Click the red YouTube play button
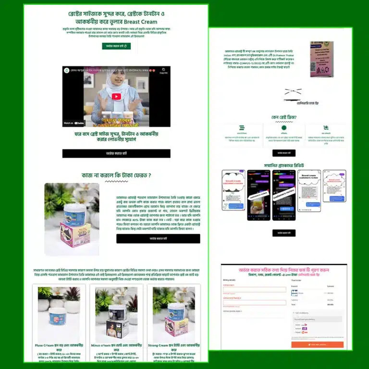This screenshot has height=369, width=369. pyautogui.click(x=116, y=96)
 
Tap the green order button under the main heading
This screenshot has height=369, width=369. pyautogui.click(x=116, y=46)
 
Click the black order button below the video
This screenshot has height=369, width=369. pyautogui.click(x=116, y=153)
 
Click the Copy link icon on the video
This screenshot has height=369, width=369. pyautogui.click(x=163, y=70)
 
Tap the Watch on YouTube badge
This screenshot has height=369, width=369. pyautogui.click(x=74, y=123)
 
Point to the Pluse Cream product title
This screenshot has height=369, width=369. pyautogui.click(x=59, y=345)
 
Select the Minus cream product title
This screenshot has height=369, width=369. pyautogui.click(x=117, y=345)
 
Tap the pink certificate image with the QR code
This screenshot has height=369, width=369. pyautogui.click(x=321, y=59)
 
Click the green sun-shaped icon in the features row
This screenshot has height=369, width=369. pyautogui.click(x=283, y=128)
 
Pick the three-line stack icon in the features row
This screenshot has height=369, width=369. pyautogui.click(x=241, y=128)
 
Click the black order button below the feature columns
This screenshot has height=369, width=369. pyautogui.click(x=283, y=153)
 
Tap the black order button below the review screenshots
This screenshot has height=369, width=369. pyautogui.click(x=283, y=233)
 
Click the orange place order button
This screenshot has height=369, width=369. pyautogui.click(x=317, y=344)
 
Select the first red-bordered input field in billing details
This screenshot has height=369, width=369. pyautogui.click(x=254, y=289)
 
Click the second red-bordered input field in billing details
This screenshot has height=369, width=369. pyautogui.click(x=254, y=302)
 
